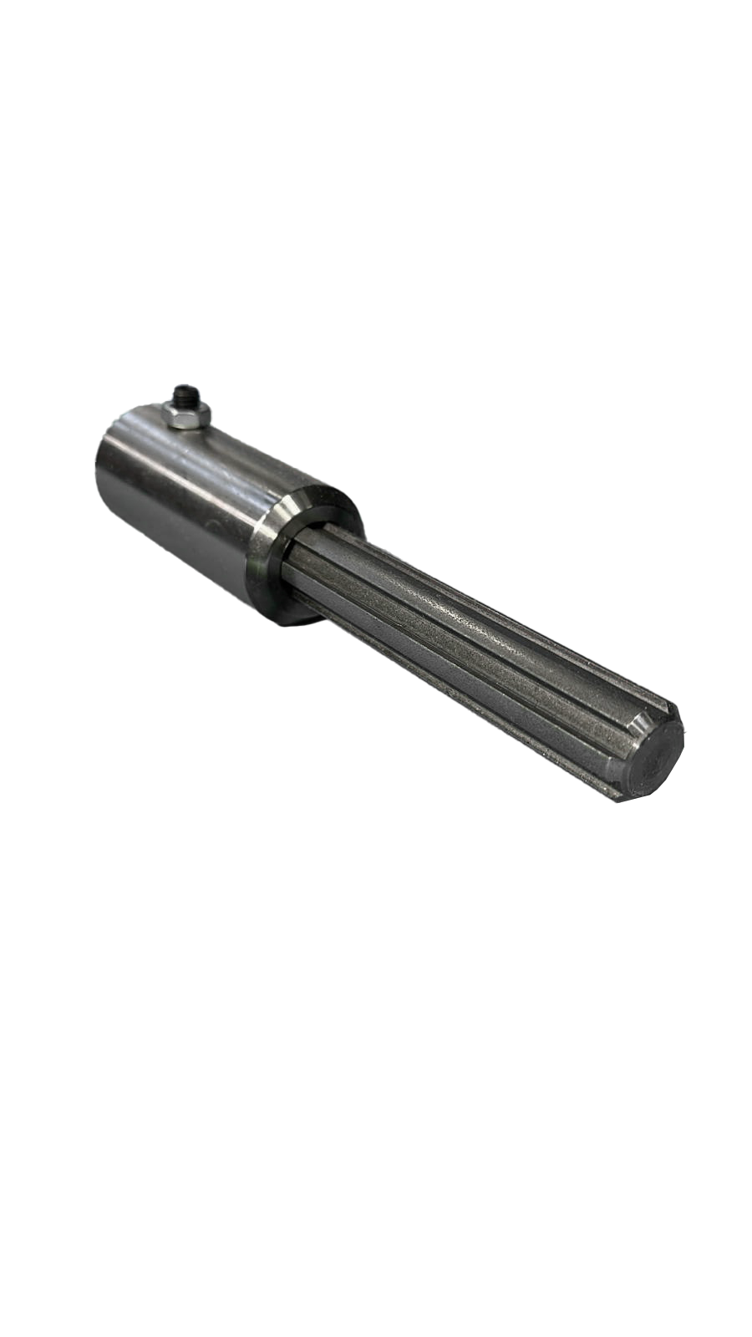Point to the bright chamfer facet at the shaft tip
point(639,719)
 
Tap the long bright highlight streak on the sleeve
point(209,468)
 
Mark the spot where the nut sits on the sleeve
point(189,428)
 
